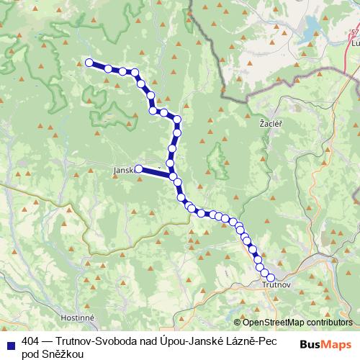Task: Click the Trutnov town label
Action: [x=276, y=286]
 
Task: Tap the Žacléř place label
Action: [x=270, y=125]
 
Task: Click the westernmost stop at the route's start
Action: [x=90, y=63]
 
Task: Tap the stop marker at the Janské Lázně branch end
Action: [x=138, y=169]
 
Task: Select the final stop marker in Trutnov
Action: [x=271, y=277]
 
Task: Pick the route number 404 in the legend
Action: [x=30, y=342]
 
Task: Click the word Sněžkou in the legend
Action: [x=63, y=354]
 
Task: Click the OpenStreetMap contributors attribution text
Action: [x=297, y=323]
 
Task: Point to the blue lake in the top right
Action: [x=311, y=32]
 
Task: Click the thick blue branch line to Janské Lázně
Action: [x=155, y=172]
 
